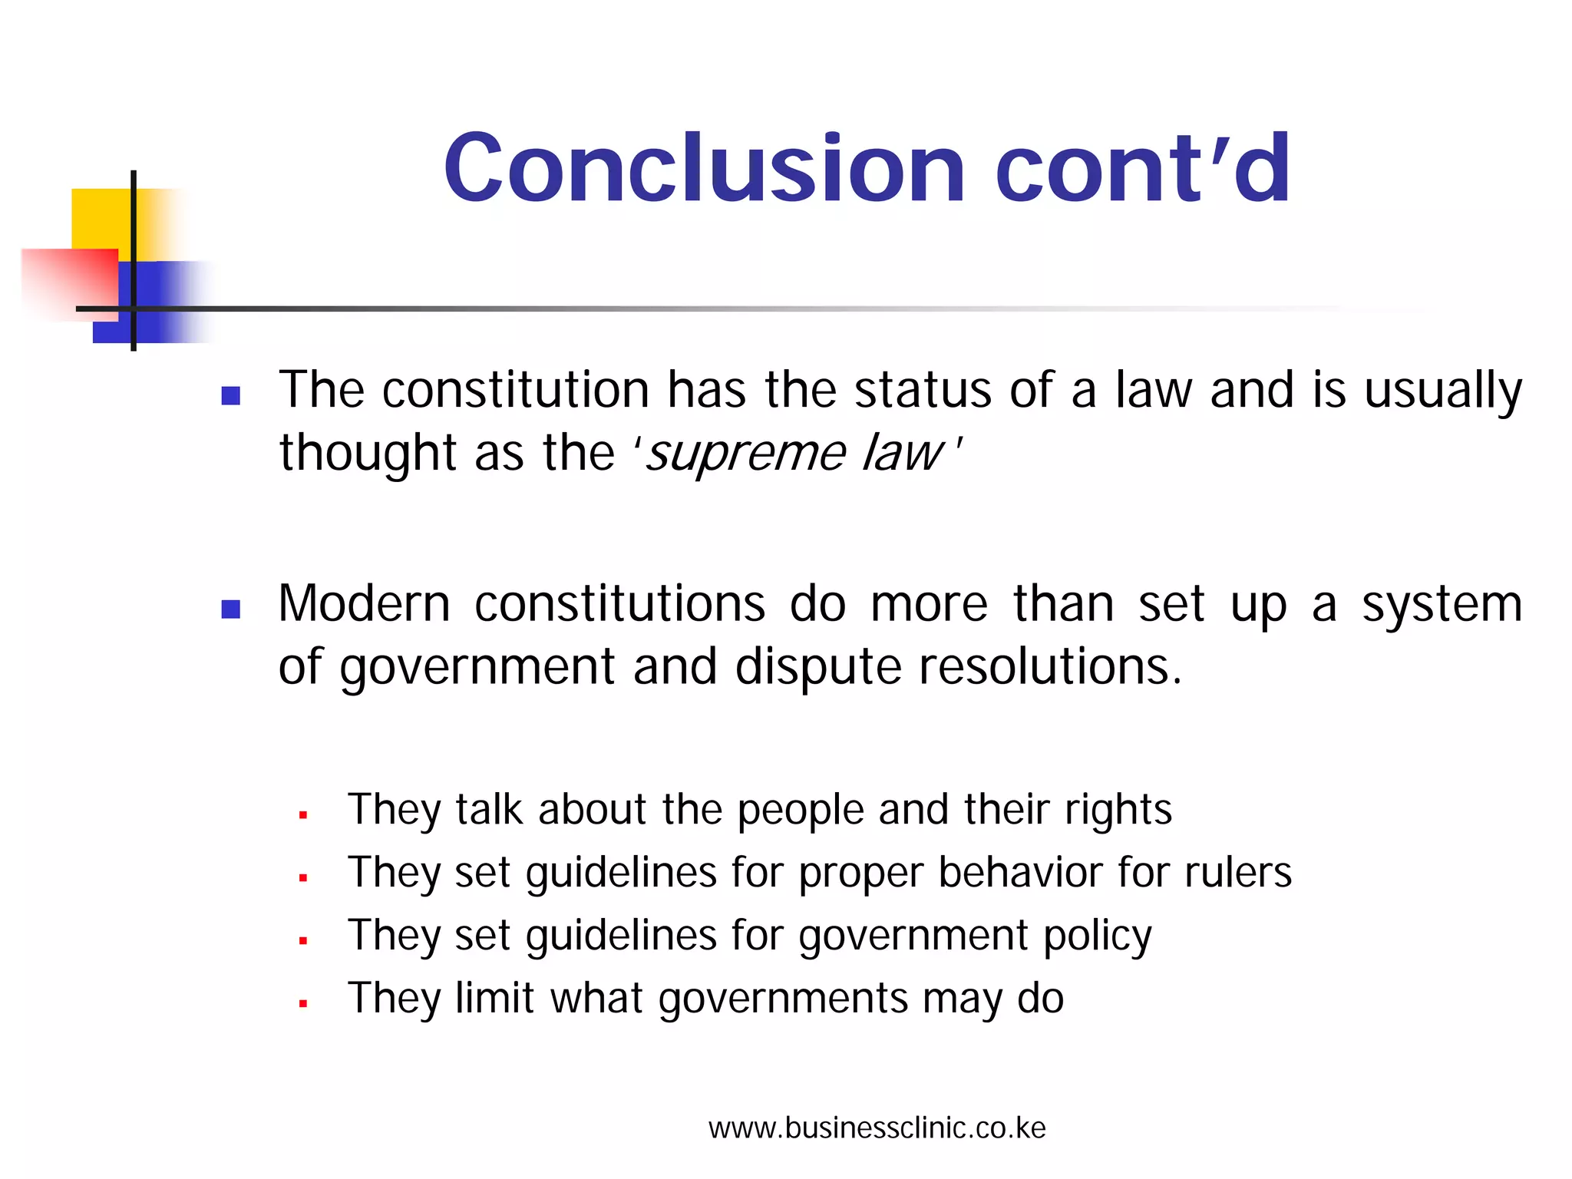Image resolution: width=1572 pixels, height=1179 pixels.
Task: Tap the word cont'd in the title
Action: point(1143,168)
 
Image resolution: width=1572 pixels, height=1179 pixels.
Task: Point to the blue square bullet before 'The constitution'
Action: point(230,395)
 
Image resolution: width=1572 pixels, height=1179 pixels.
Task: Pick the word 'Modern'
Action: point(364,604)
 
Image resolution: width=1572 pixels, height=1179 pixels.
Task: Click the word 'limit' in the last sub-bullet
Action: point(494,999)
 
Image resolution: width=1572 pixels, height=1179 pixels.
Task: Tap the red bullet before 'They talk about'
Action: point(303,815)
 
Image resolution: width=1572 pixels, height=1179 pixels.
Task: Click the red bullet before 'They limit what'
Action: point(303,1003)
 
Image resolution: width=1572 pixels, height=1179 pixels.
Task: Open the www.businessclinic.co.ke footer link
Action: point(877,1128)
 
